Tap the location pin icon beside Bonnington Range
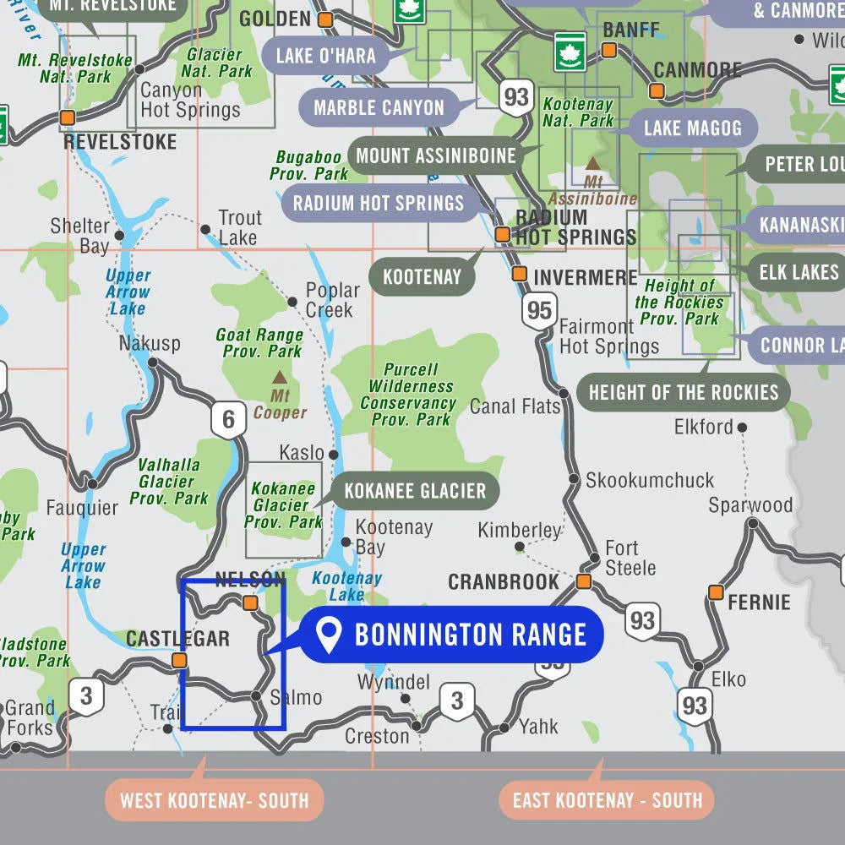click(327, 635)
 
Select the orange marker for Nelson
click(250, 602)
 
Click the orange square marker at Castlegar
click(179, 660)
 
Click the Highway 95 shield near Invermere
click(538, 310)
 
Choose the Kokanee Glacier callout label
click(415, 491)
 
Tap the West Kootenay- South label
click(214, 800)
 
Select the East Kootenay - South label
click(608, 800)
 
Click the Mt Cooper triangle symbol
click(279, 377)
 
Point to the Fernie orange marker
click(716, 591)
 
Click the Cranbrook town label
click(504, 582)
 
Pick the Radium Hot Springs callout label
click(379, 203)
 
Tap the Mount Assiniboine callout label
click(435, 155)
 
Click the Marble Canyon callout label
click(379, 107)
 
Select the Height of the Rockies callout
click(683, 392)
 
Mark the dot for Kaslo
click(334, 455)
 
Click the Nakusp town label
click(150, 344)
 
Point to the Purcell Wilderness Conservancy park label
click(411, 394)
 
